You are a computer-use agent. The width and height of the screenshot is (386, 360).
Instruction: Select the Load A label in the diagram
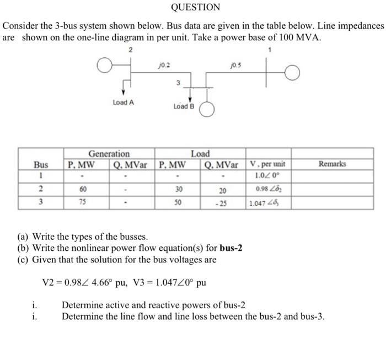point(123,102)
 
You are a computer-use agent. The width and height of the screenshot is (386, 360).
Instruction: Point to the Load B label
point(184,106)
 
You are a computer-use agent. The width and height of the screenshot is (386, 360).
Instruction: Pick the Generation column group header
point(109,154)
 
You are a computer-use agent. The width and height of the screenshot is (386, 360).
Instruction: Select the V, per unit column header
point(267,164)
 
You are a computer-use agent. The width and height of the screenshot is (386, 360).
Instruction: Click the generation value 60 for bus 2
point(83,189)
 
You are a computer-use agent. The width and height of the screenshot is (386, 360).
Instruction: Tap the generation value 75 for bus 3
point(83,202)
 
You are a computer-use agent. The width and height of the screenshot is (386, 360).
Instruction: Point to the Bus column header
point(41,164)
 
